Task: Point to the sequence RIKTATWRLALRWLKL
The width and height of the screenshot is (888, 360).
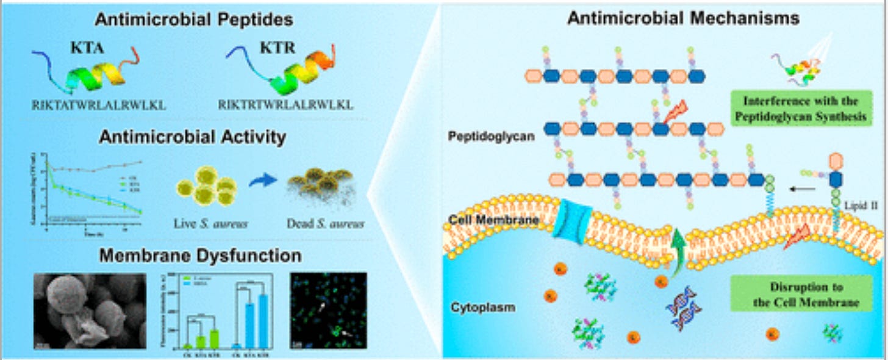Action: (x=99, y=105)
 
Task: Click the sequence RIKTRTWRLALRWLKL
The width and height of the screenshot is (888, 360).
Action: (x=285, y=105)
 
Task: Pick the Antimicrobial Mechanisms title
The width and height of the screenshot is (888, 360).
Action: (x=666, y=19)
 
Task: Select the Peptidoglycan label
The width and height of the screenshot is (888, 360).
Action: (x=492, y=137)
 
